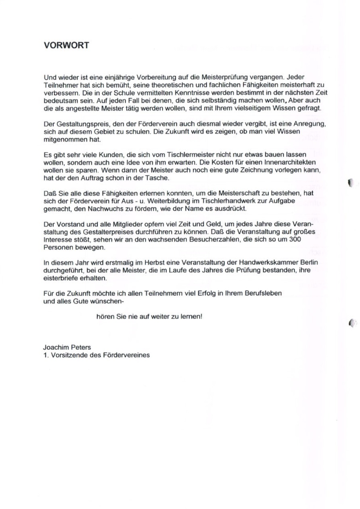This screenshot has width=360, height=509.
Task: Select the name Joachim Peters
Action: tap(67, 348)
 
